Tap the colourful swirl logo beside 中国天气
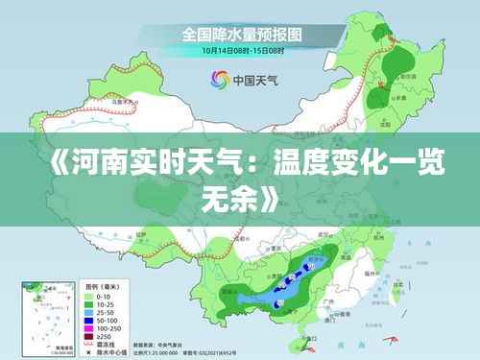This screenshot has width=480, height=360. coord(218,81)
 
